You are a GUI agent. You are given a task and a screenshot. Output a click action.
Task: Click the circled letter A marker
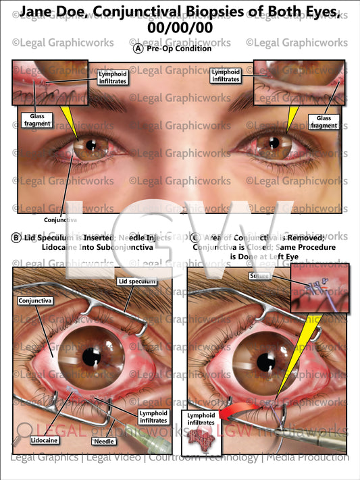point(138,49)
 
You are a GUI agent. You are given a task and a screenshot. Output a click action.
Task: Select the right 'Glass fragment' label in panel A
point(324,121)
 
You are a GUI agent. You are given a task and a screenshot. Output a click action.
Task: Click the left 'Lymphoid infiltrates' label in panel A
point(111,76)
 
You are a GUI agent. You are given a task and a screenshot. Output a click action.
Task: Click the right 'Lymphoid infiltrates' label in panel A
point(226,76)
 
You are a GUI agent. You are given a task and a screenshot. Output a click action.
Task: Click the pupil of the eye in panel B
point(91,355)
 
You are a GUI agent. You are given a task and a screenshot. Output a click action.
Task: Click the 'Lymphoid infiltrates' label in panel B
point(153,417)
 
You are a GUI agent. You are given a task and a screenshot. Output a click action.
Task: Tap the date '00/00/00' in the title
point(180,29)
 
